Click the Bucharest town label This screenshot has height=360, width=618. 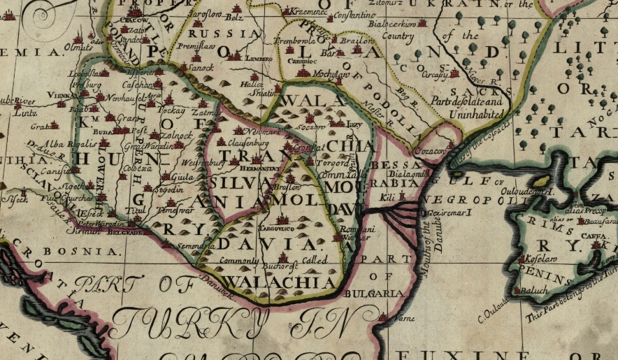tap(282, 267)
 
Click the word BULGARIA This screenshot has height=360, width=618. tap(382, 294)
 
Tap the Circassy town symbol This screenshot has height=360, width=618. tap(455, 72)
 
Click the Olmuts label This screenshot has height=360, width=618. tap(78, 48)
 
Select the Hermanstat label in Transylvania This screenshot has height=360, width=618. tap(264, 168)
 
